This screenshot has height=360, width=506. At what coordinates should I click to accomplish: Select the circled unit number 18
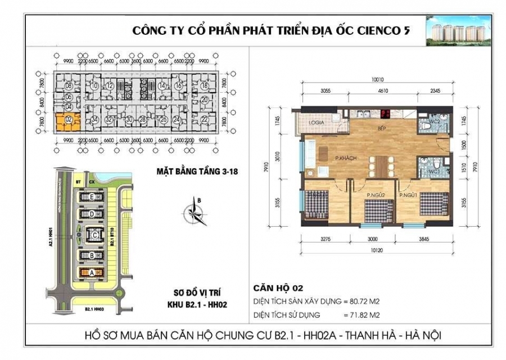pos(204,85)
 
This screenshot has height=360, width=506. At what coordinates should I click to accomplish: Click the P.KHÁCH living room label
pos(344,159)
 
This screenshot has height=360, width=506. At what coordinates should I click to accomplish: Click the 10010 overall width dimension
pos(377,79)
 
